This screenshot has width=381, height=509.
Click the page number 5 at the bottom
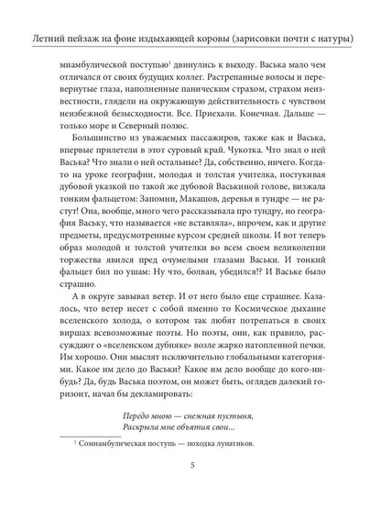coord(190,490)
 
